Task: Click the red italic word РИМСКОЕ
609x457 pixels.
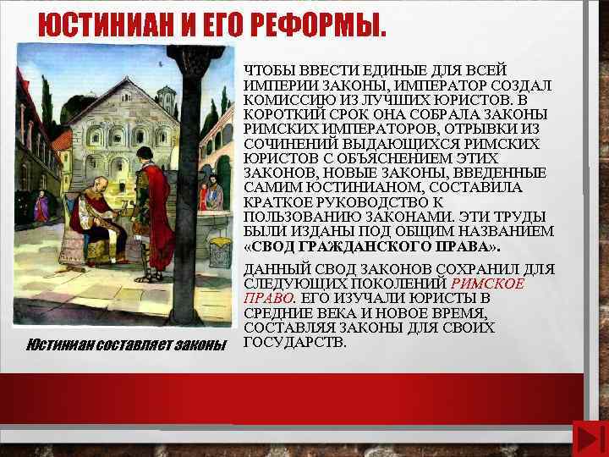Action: pos(488,284)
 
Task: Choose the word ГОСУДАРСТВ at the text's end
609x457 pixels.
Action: pos(294,343)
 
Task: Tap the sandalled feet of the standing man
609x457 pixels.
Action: pos(153,275)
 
